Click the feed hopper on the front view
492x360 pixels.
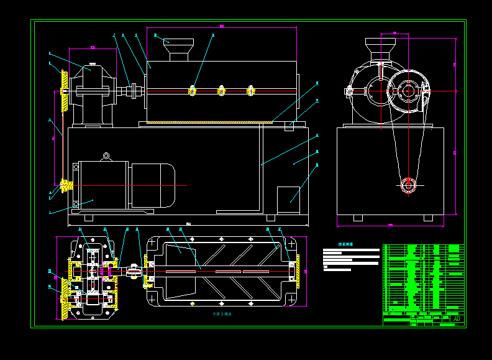178,48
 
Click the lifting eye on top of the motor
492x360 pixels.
106,156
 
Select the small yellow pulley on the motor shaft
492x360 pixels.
66,185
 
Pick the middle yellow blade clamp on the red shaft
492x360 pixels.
221,91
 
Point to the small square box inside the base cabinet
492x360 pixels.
288,195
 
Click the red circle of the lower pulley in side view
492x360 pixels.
408,185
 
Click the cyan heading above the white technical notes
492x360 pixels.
345,244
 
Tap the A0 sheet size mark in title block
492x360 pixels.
457,319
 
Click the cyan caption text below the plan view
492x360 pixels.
221,314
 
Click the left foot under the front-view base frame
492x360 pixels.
89,218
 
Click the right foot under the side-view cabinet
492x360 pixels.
429,218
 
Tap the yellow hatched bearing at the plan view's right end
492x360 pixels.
297,271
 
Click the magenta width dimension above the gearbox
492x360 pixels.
92,47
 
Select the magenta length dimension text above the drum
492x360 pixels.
221,26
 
